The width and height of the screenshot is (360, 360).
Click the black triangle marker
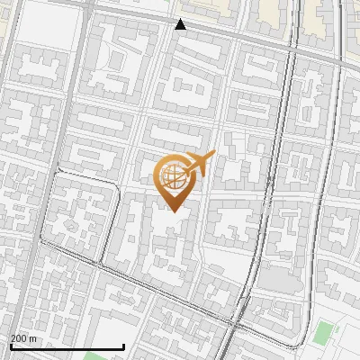click(181, 24)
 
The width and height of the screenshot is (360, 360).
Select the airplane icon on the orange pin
click(200, 164)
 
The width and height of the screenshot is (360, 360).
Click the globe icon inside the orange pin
click(173, 176)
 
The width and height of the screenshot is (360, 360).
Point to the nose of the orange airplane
click(213, 155)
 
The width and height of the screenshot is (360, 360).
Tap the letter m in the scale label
click(34, 338)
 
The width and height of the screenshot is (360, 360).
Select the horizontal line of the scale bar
click(67, 347)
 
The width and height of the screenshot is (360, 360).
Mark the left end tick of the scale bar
click(10, 346)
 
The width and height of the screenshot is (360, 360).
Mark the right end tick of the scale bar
click(123, 346)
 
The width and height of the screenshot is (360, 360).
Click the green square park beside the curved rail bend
click(323, 332)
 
